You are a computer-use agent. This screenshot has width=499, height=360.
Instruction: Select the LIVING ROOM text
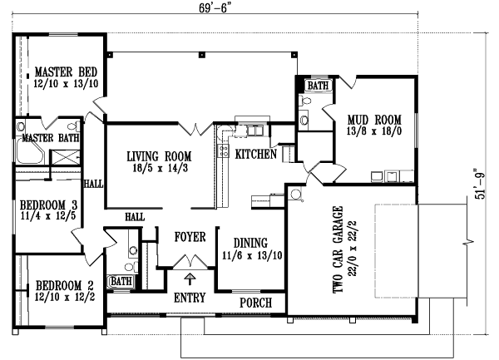click(160, 155)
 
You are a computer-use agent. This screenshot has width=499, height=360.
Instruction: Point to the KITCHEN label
click(256, 155)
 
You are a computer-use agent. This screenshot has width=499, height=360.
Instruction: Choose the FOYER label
click(190, 238)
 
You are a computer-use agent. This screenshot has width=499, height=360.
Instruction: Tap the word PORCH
click(256, 303)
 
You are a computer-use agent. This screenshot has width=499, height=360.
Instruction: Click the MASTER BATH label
click(51, 137)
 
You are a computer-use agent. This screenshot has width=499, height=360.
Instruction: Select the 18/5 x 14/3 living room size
click(160, 167)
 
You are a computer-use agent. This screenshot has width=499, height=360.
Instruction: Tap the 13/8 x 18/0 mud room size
click(375, 130)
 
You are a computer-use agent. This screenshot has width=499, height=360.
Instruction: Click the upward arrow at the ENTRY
click(190, 279)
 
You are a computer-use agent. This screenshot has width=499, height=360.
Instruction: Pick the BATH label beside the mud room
click(318, 86)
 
